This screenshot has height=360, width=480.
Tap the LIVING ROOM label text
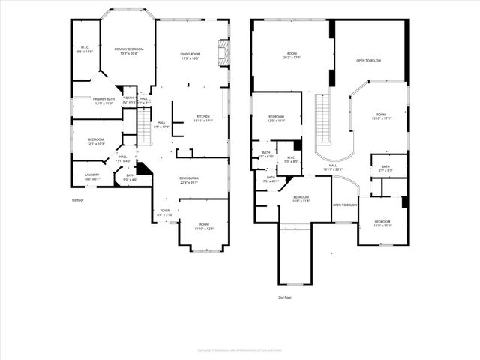[190, 55]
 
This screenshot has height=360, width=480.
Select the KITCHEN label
[204, 118]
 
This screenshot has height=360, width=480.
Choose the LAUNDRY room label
[92, 177]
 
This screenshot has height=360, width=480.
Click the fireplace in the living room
[222, 52]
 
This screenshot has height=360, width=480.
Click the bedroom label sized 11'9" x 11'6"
[382, 223]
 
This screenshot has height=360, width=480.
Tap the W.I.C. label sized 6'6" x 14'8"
[85, 50]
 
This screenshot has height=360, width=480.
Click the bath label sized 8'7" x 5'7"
[385, 169]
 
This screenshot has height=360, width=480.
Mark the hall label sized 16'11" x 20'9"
[333, 168]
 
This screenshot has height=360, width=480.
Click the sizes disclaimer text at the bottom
[240, 349]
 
